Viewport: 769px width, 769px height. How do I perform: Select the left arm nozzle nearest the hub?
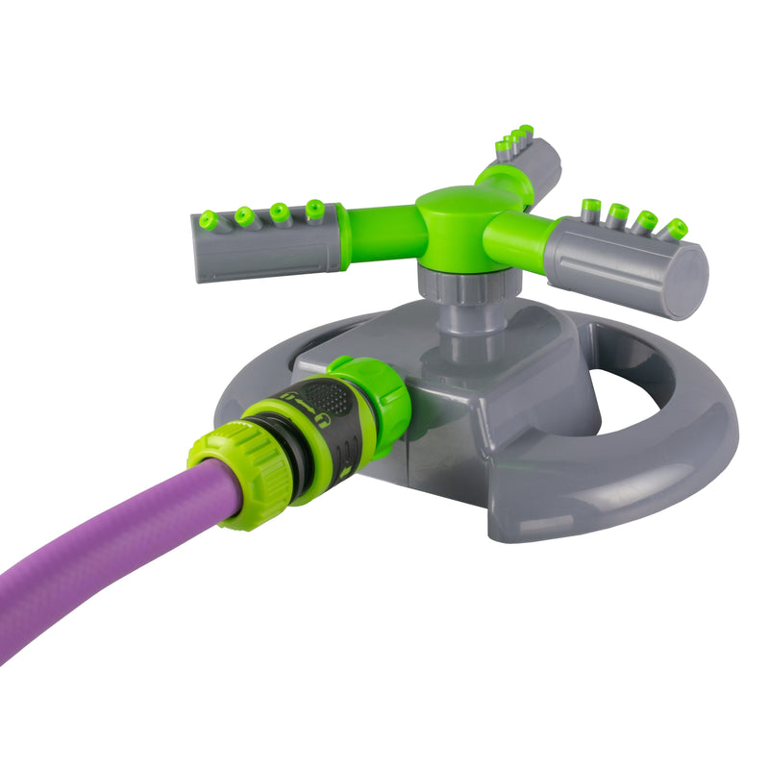pos(314,209)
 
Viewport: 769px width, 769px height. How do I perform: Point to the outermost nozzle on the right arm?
pos(677,229)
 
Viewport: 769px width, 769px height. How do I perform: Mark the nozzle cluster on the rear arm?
pos(514,140)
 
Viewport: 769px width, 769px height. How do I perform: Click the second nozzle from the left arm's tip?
pos(245,216)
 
